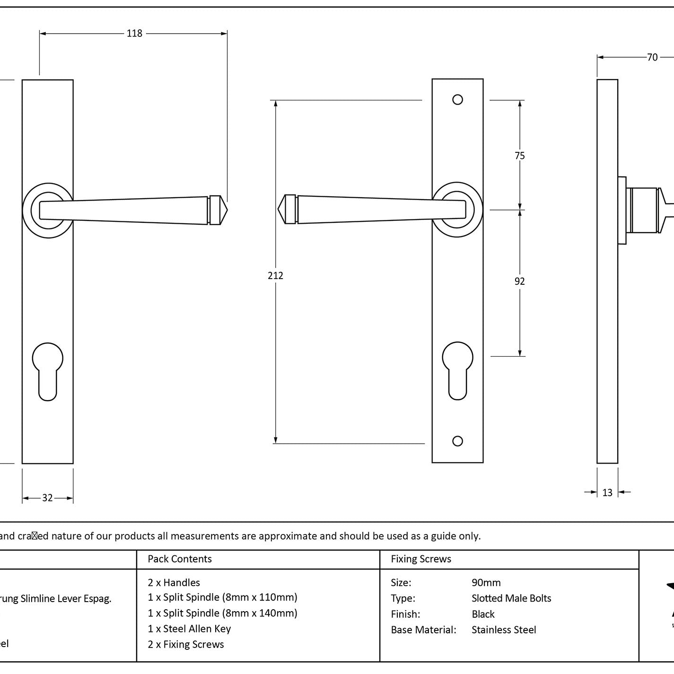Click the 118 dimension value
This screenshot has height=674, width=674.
pos(134,33)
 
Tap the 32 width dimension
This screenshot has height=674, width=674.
pos(47,498)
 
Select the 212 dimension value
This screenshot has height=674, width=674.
pos(275,275)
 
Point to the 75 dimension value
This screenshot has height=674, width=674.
pos(520,156)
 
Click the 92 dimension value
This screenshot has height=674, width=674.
pos(520,281)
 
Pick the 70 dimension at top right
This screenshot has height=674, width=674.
pos(652,57)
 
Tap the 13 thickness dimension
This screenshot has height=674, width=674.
pos(607,492)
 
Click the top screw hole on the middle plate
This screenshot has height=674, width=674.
pos(457,99)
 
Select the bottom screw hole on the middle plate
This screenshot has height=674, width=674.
pos(457,441)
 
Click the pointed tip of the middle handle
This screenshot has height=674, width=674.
pos(281,209)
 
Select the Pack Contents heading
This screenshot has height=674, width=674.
pos(180,559)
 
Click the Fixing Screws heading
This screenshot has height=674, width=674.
pos(421,559)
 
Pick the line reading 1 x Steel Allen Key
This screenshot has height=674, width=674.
pos(189,629)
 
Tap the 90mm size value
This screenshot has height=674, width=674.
pos(486,582)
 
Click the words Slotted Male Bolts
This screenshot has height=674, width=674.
pos(511,598)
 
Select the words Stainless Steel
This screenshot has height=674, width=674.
pos(504,630)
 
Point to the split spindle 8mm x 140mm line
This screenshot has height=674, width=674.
pos(222,613)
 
